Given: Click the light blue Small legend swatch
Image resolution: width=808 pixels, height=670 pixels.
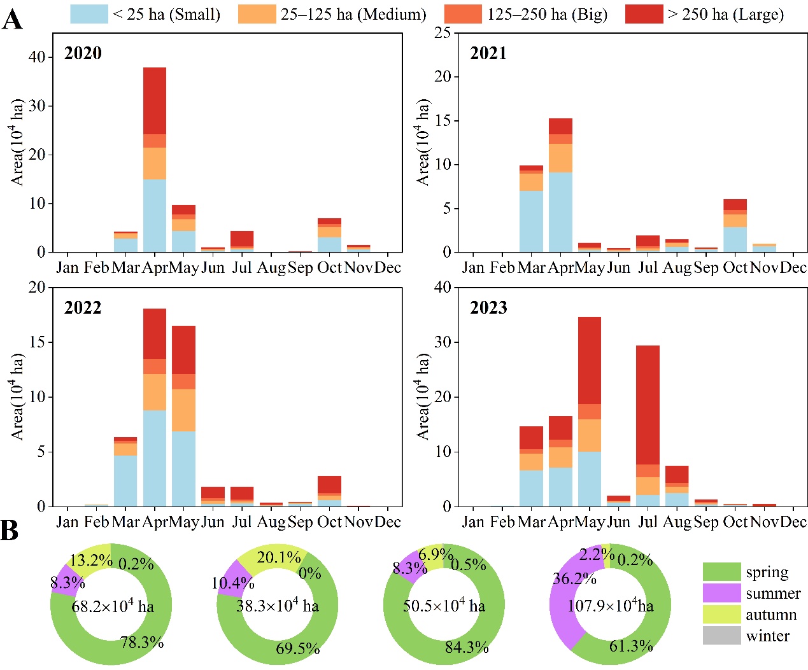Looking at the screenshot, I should coord(89,14).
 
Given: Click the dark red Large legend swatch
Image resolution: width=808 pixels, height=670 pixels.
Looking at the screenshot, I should coord(644,14).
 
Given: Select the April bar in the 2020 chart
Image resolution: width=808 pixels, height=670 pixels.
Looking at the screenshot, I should coord(155,160).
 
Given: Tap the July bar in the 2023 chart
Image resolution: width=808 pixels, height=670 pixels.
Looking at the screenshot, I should coord(648,426).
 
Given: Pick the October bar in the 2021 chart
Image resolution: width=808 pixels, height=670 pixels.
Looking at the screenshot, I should coord(735,226).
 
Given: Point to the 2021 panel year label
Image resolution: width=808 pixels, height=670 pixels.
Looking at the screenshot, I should coord(488,53).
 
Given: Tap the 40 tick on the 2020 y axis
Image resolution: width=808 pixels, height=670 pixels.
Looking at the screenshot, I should coord(37,57).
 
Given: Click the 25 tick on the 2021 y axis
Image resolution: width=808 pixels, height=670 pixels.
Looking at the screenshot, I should coord(442,32).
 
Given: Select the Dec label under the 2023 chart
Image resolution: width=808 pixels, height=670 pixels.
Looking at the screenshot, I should coord(793,522).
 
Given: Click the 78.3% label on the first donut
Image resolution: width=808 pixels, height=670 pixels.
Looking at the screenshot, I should coord(141,643).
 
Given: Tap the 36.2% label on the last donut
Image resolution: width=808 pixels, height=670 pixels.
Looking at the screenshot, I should coord(574,579).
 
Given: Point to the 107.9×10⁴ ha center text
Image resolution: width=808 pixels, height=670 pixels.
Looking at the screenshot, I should coord(610,605).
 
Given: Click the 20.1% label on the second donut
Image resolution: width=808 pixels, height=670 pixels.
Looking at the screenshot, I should coord(278,558).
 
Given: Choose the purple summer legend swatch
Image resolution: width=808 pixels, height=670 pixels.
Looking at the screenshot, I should coord(721,593).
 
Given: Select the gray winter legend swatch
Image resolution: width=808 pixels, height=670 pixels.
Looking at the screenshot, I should coord(721,636).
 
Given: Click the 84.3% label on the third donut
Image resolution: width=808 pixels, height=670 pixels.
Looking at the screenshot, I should coord(467,648).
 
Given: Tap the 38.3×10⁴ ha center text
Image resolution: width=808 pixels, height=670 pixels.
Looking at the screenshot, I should coord(277,605).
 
